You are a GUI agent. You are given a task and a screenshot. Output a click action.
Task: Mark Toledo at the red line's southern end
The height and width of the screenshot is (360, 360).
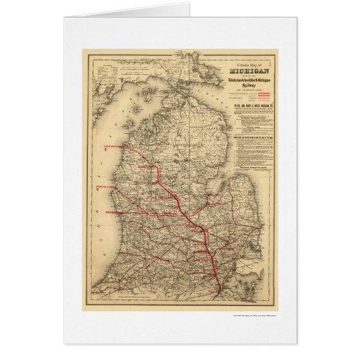pos(219,293)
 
